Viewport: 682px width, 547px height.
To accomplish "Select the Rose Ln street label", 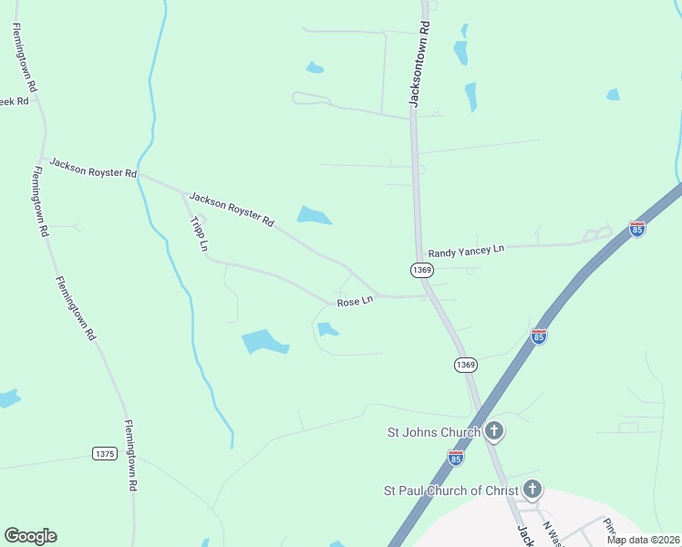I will tap(355, 301).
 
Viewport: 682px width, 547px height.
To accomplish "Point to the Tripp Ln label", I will tap(199, 234).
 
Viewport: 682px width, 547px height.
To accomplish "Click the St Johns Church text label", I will tap(435, 432).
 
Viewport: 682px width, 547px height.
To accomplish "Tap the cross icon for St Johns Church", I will tap(493, 430).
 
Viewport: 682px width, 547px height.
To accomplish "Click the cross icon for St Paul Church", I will tap(532, 490).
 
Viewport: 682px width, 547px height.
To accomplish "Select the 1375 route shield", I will tap(105, 453).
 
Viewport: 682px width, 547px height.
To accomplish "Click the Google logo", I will tap(30, 536).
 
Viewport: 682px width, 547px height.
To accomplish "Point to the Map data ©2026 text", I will tap(643, 540).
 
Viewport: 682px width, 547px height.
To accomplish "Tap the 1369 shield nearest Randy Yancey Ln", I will tap(420, 270).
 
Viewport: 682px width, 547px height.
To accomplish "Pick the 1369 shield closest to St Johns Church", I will tap(465, 365).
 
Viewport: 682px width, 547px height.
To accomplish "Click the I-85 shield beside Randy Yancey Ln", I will tap(637, 229).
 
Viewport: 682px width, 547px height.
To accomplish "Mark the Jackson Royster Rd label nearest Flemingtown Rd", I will tap(93, 168).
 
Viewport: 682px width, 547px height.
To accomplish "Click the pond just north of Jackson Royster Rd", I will tap(314, 216).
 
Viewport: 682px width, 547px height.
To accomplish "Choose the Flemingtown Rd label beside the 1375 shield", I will tap(130, 456).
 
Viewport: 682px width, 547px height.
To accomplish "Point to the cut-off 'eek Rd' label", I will tap(15, 101).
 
